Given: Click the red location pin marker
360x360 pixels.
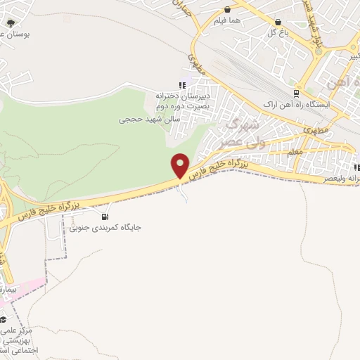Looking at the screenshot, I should pyautogui.click(x=180, y=166).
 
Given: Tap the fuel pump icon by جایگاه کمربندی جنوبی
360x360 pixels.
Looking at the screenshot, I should pyautogui.click(x=105, y=217).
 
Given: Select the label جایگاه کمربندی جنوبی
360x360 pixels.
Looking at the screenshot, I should pyautogui.click(x=101, y=228).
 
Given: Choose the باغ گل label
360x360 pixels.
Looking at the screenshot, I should pyautogui.click(x=275, y=32).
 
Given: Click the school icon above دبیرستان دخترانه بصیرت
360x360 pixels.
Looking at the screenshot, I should pyautogui.click(x=183, y=86).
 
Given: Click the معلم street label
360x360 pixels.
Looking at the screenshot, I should pyautogui.click(x=296, y=152).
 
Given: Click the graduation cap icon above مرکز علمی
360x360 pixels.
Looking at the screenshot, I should pyautogui.click(x=4, y=320).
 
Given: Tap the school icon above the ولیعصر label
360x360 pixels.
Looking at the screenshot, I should pyautogui.click(x=357, y=167).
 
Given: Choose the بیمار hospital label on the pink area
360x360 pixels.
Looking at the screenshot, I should pyautogui.click(x=6, y=289).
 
